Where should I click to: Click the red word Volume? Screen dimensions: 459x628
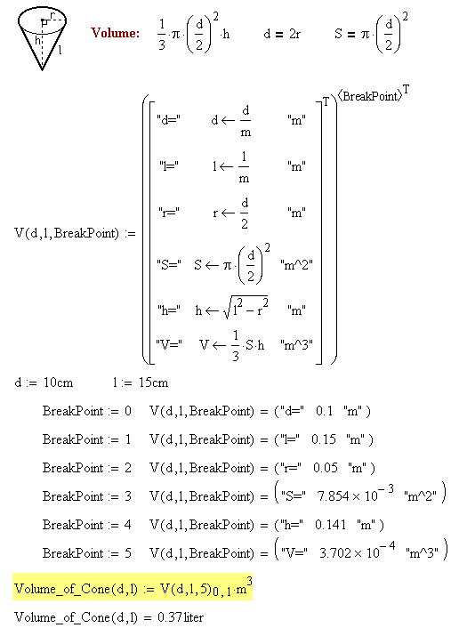(x=116, y=33)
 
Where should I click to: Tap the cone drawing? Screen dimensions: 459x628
(x=42, y=38)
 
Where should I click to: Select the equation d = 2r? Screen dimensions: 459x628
(x=282, y=34)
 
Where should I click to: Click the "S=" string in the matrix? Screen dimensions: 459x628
(x=169, y=264)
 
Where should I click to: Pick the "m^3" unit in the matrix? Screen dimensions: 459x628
(x=296, y=344)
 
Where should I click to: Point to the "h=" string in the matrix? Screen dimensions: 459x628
(x=169, y=310)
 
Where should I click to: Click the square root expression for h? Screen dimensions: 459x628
(x=246, y=309)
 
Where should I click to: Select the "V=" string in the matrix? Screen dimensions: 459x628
(x=169, y=344)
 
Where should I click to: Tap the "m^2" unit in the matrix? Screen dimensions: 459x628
(x=296, y=264)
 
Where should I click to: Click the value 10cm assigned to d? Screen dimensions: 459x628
(x=58, y=382)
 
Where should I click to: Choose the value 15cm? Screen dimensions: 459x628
(x=153, y=382)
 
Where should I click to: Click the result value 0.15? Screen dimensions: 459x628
(x=324, y=439)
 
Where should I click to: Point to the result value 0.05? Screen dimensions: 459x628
(x=326, y=468)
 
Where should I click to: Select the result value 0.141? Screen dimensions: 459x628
(x=330, y=525)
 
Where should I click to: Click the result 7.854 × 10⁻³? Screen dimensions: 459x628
(x=356, y=494)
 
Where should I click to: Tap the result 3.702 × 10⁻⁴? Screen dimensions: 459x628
(x=358, y=551)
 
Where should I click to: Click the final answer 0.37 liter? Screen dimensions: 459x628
(x=181, y=617)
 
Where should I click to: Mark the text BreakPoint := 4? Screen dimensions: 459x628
(x=87, y=525)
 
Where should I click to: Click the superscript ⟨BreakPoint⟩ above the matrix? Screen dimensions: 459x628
(x=370, y=97)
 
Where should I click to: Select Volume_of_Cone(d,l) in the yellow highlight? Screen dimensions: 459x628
(x=76, y=589)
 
